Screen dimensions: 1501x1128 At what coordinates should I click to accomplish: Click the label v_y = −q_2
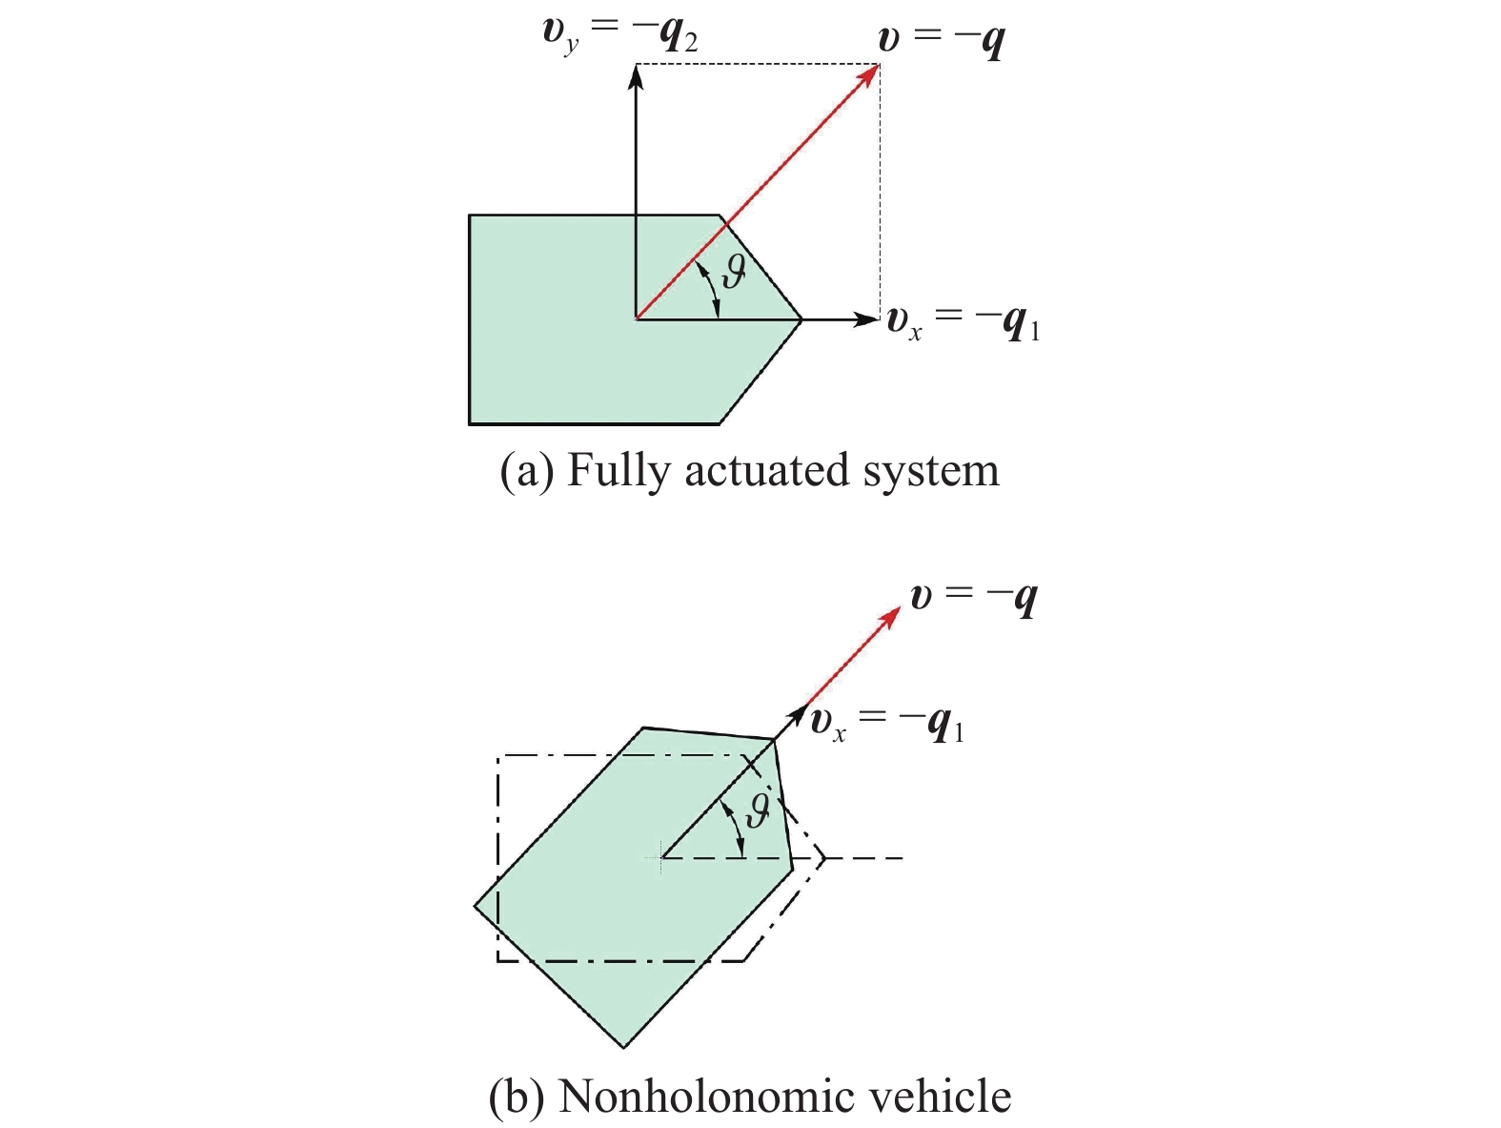tap(619, 37)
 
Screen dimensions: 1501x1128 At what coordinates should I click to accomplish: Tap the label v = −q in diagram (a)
tap(942, 40)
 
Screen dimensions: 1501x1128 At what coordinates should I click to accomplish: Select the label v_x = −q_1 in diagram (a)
tap(963, 323)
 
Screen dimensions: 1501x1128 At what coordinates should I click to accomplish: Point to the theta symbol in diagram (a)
tap(733, 272)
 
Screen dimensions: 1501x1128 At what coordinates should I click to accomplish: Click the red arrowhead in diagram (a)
tap(868, 73)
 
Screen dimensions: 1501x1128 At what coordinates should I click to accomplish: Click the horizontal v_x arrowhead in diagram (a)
tap(865, 318)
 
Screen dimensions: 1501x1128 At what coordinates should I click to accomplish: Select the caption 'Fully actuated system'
tap(783, 472)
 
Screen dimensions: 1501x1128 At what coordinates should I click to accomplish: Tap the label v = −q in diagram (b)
tap(974, 600)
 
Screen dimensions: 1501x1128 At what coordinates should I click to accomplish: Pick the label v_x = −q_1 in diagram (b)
tap(887, 725)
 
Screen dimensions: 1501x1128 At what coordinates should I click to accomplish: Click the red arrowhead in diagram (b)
tap(889, 616)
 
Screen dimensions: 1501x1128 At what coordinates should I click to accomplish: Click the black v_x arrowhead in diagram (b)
tap(799, 716)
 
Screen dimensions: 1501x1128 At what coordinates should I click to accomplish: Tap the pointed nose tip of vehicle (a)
tap(801, 319)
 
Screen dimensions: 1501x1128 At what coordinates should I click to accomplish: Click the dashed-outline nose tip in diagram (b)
tap(824, 858)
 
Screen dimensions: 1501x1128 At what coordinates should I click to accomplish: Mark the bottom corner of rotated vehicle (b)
tap(623, 1047)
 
